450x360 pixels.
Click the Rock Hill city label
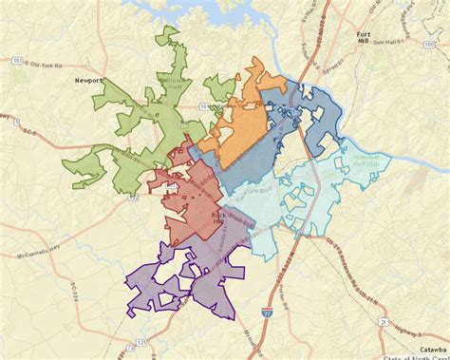point(220,218)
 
